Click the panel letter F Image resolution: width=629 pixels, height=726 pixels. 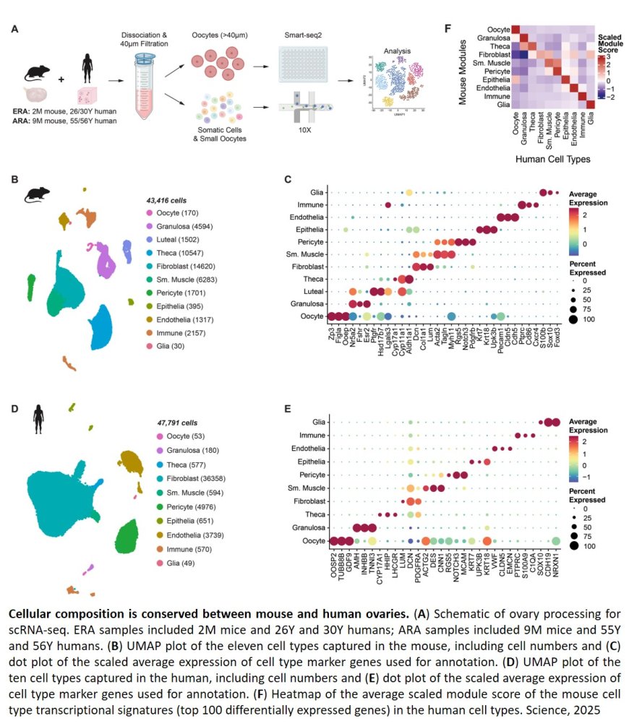(448, 28)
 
